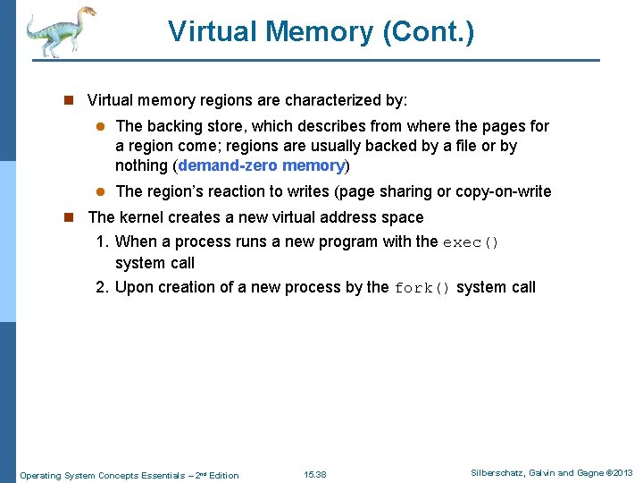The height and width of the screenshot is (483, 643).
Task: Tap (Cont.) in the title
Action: point(428,32)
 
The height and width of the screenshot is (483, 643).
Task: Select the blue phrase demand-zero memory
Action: point(261,165)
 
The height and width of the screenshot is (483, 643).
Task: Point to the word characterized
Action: point(339,100)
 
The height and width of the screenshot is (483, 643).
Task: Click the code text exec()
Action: point(472,241)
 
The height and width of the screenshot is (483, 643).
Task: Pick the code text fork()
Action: point(422,288)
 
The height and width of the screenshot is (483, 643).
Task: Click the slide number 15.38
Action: point(315,474)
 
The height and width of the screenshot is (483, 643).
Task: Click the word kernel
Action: point(143,217)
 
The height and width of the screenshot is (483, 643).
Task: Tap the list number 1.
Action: point(102,241)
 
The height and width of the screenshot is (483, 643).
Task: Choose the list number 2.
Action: point(102,287)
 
